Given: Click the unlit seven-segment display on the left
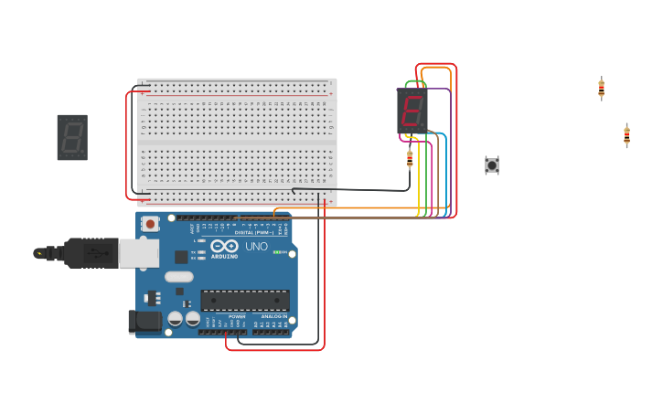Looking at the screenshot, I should click(x=72, y=137).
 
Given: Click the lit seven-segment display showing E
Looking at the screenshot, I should click(x=412, y=111).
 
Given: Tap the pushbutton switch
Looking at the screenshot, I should click(x=492, y=165).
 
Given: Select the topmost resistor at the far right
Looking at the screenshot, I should click(x=601, y=88).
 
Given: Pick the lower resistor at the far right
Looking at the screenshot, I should click(x=626, y=135).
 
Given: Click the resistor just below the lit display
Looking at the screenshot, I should click(x=410, y=158).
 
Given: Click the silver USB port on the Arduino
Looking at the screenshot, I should click(x=138, y=253).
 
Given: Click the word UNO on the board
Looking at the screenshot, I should click(x=256, y=247).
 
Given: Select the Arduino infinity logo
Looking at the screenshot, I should click(x=224, y=246).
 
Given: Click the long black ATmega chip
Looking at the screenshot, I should click(x=245, y=300).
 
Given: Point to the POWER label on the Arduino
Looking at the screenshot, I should click(x=224, y=316).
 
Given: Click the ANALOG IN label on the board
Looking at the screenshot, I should click(x=273, y=316).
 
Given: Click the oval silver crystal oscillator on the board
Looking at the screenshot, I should click(x=179, y=276).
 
